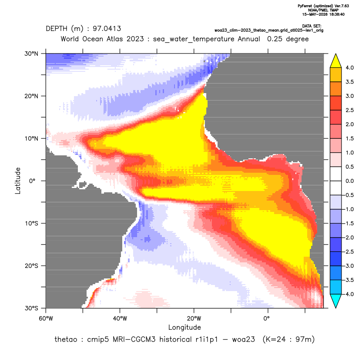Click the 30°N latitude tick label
tap(31, 54)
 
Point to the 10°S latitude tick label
tap(31, 224)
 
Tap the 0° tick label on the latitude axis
tap(32, 181)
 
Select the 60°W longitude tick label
tap(46, 318)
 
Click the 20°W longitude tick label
tap(194, 318)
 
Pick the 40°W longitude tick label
tap(120, 318)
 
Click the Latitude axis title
tap(18, 181)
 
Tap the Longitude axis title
tap(184, 327)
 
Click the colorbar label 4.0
tap(349, 67)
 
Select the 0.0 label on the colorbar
tap(349, 181)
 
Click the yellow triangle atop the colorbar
tap(336, 61)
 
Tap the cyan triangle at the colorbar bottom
tap(336, 301)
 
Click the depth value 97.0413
tap(107, 29)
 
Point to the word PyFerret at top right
tap(305, 6)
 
